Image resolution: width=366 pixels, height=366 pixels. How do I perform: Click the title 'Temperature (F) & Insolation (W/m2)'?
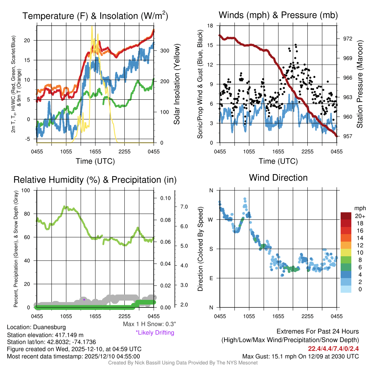95,16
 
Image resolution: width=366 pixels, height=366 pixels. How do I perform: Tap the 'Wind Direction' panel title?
278,178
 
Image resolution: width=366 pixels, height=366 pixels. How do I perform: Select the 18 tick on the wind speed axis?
211,26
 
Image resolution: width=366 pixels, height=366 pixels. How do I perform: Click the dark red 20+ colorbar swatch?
346,216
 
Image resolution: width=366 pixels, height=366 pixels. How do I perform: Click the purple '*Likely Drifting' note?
155,333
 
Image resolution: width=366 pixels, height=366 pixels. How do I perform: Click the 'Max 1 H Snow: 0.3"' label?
149,324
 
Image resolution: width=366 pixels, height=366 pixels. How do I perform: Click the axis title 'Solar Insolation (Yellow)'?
177,84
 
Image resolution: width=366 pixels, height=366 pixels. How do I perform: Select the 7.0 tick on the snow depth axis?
184,207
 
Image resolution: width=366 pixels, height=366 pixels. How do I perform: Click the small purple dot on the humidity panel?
84,300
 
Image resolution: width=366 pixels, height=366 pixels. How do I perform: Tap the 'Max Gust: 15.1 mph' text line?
300,356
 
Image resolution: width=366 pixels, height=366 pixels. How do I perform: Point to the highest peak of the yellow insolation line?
92,26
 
